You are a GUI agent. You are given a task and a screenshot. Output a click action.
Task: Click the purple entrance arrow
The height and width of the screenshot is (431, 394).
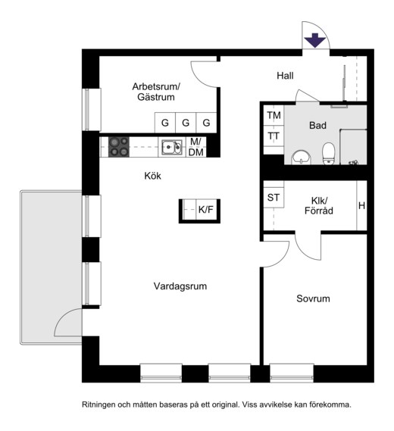pyautogui.click(x=314, y=40)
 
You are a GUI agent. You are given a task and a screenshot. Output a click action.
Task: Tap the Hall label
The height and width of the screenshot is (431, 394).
pyautogui.click(x=285, y=76)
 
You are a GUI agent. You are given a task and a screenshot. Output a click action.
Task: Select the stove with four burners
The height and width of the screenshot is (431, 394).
pyautogui.click(x=119, y=147)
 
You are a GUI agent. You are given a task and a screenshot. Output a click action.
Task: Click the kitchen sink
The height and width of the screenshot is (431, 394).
pyautogui.click(x=172, y=148)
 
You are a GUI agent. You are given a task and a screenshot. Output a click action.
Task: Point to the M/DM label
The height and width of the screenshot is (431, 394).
pyautogui.click(x=196, y=147)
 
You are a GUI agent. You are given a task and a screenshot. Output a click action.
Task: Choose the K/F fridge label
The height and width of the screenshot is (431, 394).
pyautogui.click(x=205, y=210)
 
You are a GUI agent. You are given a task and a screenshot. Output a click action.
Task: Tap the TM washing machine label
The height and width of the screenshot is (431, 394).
pyautogui.click(x=274, y=115)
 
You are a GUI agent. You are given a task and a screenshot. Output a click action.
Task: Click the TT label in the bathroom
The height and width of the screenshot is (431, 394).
pyautogui.click(x=274, y=136)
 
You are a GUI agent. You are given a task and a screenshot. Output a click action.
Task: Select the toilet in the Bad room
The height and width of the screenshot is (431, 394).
pyautogui.click(x=328, y=153)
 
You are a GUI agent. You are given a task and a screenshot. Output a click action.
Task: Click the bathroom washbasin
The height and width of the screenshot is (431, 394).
pyautogui.click(x=302, y=158)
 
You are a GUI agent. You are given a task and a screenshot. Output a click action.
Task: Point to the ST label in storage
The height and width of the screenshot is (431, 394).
pyautogui.click(x=274, y=198)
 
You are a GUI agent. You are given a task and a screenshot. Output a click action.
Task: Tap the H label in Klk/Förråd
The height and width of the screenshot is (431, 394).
pyautogui.click(x=362, y=205)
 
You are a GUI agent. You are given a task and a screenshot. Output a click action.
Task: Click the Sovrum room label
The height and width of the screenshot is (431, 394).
pyautogui.click(x=313, y=298)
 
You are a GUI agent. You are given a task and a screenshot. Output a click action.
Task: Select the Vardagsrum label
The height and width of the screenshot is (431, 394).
pyautogui.click(x=180, y=286)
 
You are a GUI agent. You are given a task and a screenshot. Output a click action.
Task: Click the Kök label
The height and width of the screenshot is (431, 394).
pyautogui.click(x=152, y=176)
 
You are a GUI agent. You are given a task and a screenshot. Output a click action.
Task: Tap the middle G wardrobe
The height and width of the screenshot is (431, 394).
pyautogui.click(x=186, y=123)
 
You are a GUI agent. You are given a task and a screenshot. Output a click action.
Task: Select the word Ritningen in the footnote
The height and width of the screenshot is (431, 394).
pyautogui.click(x=98, y=405)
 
